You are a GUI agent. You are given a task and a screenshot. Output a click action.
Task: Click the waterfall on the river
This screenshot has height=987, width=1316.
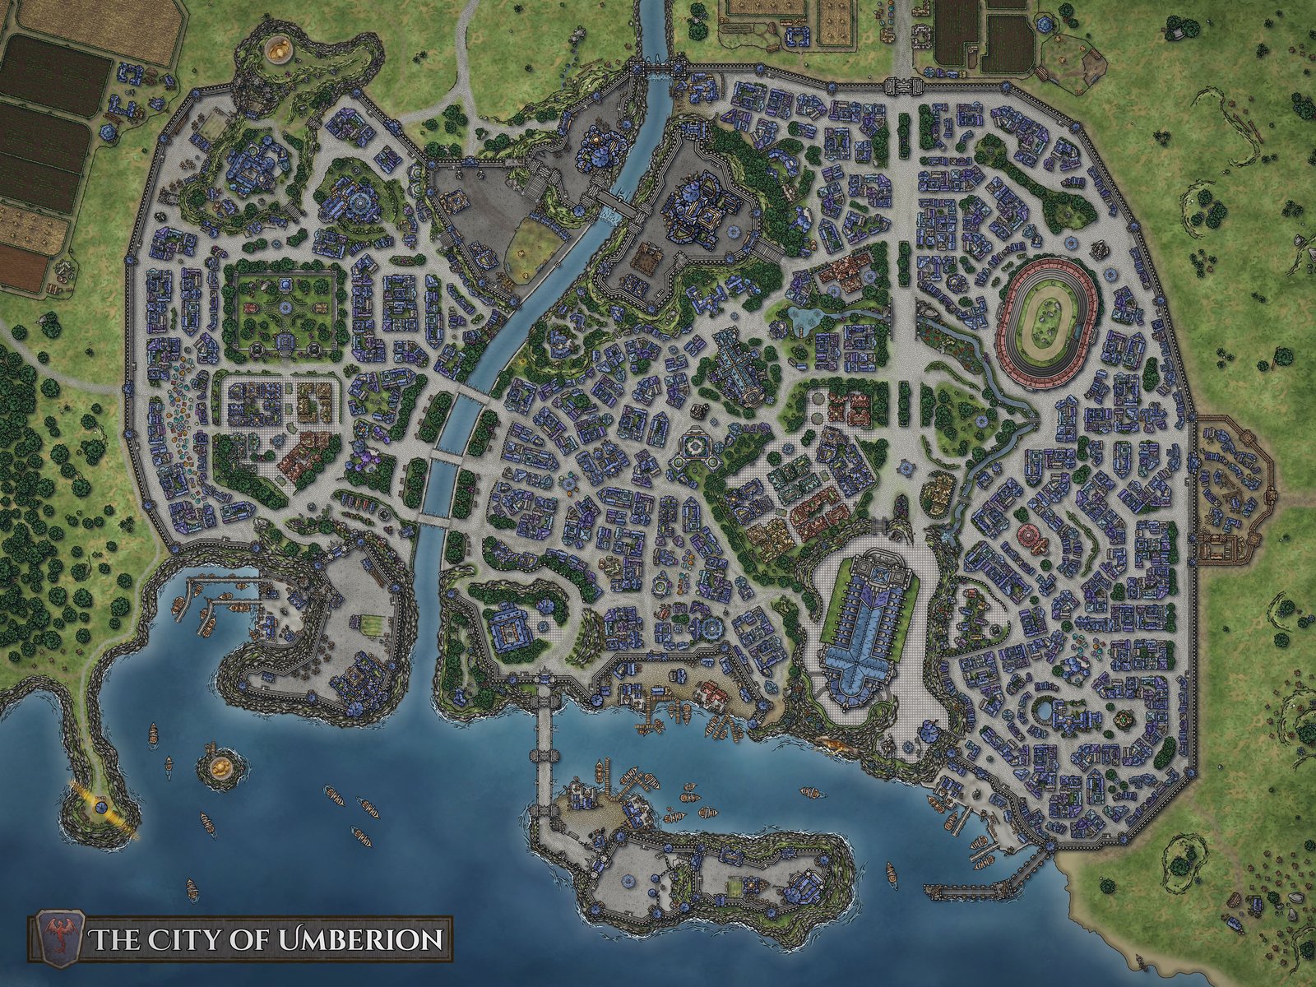[609, 215]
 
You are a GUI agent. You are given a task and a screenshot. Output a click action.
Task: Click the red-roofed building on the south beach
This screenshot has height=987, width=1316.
[712, 696]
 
